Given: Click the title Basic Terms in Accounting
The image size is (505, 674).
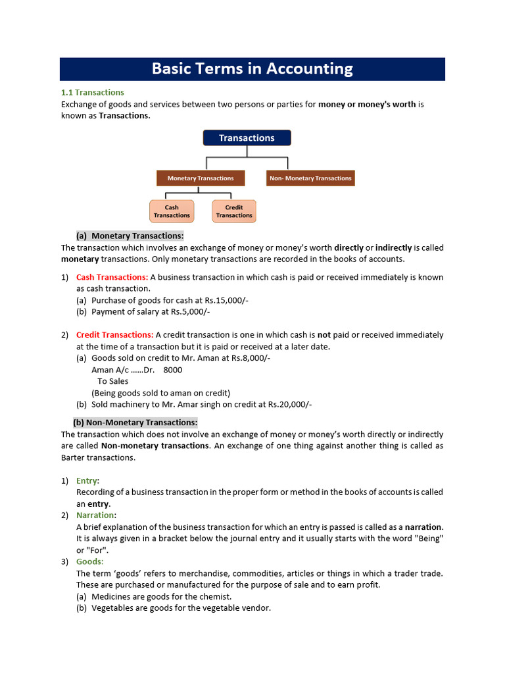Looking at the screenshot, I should coord(252,69).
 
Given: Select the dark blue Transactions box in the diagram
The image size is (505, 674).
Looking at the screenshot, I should coord(247,138).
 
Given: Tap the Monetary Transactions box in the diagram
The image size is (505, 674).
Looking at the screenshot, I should coord(200,178).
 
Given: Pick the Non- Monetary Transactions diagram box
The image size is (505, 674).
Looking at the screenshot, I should coord(310,178).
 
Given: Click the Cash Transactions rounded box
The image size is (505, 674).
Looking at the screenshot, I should coord(172,211).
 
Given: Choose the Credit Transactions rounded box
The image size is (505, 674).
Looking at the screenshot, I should coord(234,211).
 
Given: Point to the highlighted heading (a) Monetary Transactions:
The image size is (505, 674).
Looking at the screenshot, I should coord(130,236).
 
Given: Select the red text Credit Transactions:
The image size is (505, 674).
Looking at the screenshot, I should coord(114,335).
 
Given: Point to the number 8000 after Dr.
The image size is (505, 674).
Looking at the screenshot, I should coord(173,370).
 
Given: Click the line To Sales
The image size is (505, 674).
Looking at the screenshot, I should coord(113,381).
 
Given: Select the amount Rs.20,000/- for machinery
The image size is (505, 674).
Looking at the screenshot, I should coord(289,405).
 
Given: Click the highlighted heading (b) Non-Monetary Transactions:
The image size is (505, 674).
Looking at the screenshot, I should coord(135,423).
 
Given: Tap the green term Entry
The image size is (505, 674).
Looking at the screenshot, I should coord(86,480).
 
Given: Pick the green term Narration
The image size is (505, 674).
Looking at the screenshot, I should coord(95,515).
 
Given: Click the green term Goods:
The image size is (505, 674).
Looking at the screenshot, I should coord(90,561).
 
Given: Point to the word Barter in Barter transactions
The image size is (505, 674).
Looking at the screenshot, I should coord(74,457).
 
